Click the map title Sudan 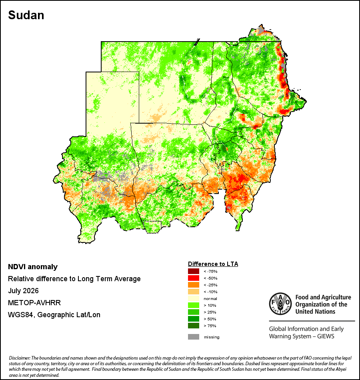(26, 15)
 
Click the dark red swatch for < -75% (194, 271)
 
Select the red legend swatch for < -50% (194, 278)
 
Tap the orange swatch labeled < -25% (194, 285)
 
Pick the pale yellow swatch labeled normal (194, 298)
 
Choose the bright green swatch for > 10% (194, 305)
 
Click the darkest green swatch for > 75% (194, 326)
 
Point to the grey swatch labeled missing (194, 337)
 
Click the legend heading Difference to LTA (213, 264)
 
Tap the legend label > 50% (210, 319)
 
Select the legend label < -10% (210, 292)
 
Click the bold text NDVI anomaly (33, 267)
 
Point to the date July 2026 (23, 290)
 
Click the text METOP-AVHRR (34, 303)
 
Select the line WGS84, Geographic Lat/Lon (54, 315)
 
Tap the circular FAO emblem (280, 304)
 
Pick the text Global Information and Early (306, 329)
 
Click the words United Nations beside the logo (315, 312)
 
